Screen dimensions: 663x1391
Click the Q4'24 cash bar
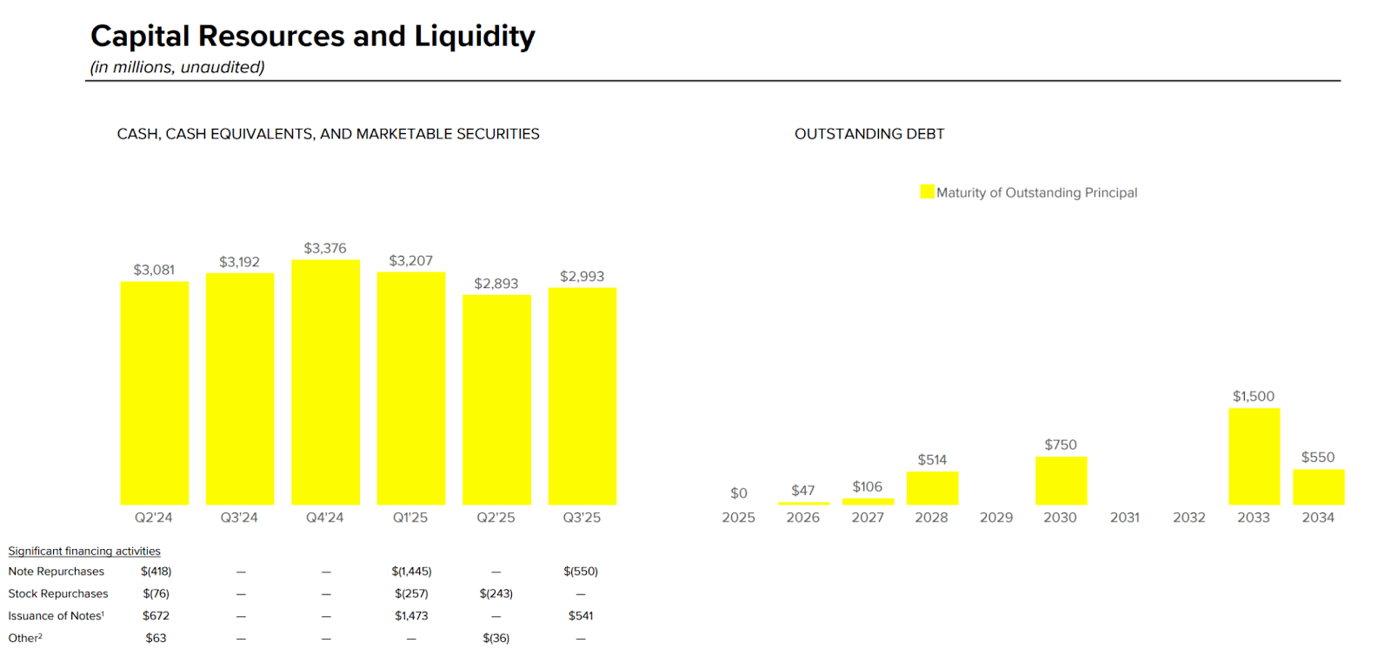coord(325,382)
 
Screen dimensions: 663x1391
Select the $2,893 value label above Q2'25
coord(496,284)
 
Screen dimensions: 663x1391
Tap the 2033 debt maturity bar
coord(1254,456)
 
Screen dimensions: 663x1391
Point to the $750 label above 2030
coord(1061,445)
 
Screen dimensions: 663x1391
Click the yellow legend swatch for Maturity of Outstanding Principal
coord(927,191)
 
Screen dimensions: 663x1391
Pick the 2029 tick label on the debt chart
coord(996,517)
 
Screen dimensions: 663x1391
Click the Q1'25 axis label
coord(410,517)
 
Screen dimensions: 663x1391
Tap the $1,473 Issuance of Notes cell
coord(411,615)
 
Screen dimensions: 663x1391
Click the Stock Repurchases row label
coord(58,593)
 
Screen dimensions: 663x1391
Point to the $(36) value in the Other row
coord(496,638)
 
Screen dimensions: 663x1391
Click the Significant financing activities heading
coord(84,551)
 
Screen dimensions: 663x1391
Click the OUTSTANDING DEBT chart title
coord(869,134)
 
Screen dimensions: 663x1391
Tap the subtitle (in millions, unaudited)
coord(177,67)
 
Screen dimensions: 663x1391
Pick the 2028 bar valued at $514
coord(932,488)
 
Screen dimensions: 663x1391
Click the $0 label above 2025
coord(738,493)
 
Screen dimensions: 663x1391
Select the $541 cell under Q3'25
coord(581,615)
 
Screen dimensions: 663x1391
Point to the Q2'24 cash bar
coord(155,392)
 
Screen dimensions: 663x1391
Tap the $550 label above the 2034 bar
coord(1318,457)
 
